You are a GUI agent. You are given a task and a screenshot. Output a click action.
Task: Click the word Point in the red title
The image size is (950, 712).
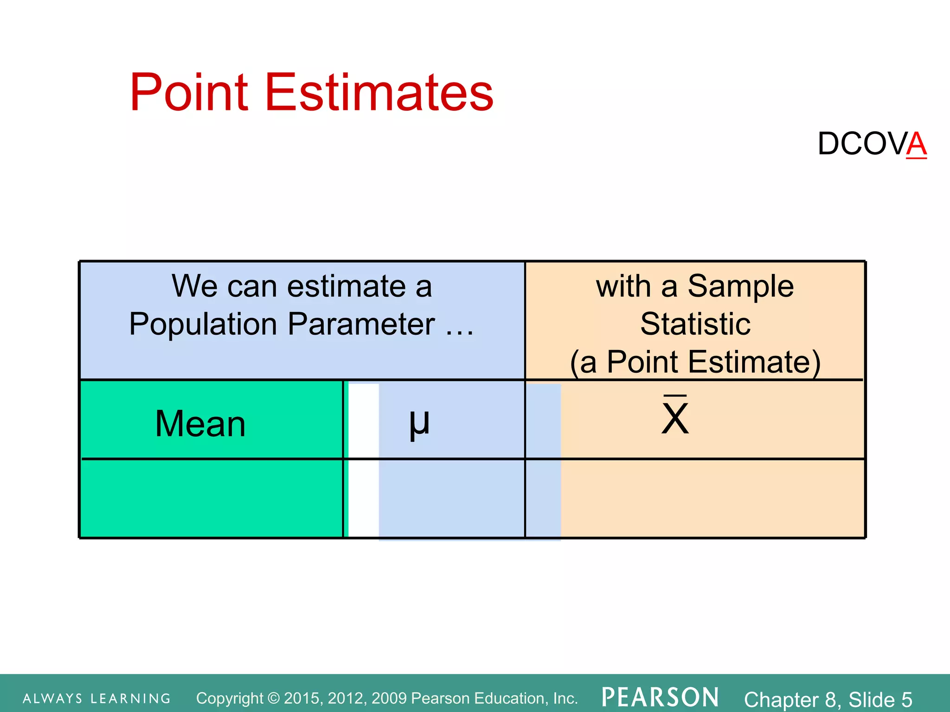[x=189, y=93]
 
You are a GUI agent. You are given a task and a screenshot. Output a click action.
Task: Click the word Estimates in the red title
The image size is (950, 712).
[x=379, y=93]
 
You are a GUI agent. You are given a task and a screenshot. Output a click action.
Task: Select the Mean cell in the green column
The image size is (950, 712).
[x=200, y=424]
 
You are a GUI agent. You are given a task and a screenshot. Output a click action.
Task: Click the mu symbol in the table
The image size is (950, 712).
[x=419, y=423]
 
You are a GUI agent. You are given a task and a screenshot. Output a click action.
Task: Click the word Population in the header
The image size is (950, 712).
[x=203, y=324]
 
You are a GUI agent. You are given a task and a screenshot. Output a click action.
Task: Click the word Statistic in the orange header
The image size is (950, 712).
[x=695, y=324]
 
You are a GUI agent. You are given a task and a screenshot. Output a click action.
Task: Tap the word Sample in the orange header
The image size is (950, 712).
[x=740, y=286]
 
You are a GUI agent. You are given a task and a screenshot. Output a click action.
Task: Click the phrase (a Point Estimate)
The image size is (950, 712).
[x=695, y=362]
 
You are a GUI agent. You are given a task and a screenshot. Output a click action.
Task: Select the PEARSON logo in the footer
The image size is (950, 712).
[x=660, y=698]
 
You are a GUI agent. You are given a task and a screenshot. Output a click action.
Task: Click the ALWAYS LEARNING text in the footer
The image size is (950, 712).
[x=96, y=699]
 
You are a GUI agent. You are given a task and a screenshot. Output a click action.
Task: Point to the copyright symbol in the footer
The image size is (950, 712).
[x=274, y=698]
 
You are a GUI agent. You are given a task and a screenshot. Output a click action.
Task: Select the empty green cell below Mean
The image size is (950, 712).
[x=211, y=498]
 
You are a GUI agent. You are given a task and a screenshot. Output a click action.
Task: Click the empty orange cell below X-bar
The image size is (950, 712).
[x=712, y=498]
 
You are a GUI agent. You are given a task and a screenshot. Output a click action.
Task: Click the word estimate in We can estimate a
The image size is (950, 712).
[x=346, y=286]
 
